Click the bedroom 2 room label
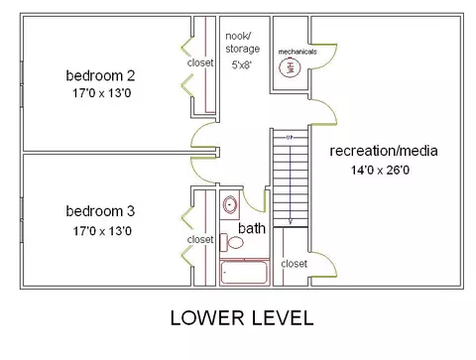click(x=100, y=75)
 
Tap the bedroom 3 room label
click(x=100, y=211)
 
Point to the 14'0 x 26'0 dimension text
click(x=380, y=171)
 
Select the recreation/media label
click(x=384, y=151)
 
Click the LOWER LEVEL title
click(x=242, y=318)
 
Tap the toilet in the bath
click(x=232, y=242)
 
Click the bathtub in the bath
click(x=244, y=273)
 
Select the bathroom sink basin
click(x=230, y=204)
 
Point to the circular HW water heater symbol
click(x=290, y=67)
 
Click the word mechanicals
click(x=297, y=52)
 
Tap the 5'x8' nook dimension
click(x=242, y=64)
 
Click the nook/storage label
click(x=243, y=43)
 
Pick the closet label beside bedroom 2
click(x=200, y=62)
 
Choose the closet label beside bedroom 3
click(x=200, y=239)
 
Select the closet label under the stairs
click(x=295, y=264)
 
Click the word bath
click(x=252, y=228)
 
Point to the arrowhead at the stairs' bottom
click(x=291, y=222)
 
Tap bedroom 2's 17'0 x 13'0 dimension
click(x=102, y=93)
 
